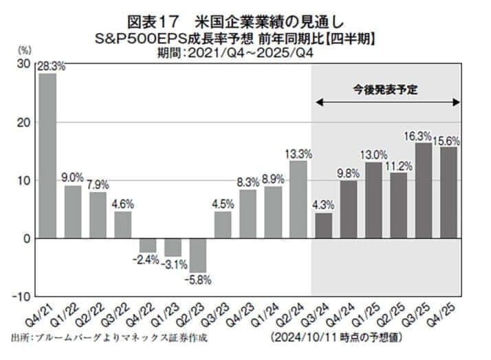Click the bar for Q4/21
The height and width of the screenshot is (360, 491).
pos(47,156)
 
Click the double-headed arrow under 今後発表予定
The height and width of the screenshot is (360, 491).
pos(388,103)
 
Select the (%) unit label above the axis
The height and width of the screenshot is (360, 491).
pos(23,50)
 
